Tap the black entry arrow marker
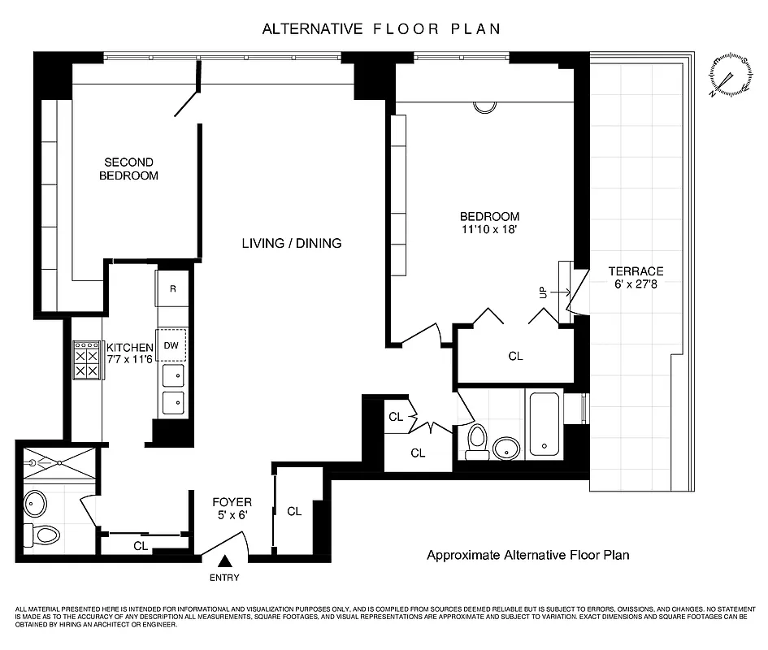(225, 560)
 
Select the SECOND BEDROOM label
(129, 169)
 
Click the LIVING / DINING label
(292, 243)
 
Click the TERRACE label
(636, 271)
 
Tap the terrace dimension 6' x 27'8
(636, 285)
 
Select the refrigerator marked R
(172, 288)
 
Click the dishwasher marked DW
(171, 344)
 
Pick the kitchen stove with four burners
(87, 360)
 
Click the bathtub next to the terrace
(545, 423)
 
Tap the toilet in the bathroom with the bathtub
(477, 440)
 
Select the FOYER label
(232, 502)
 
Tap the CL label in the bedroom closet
(515, 356)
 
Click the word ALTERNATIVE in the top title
(313, 29)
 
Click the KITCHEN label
(130, 347)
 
